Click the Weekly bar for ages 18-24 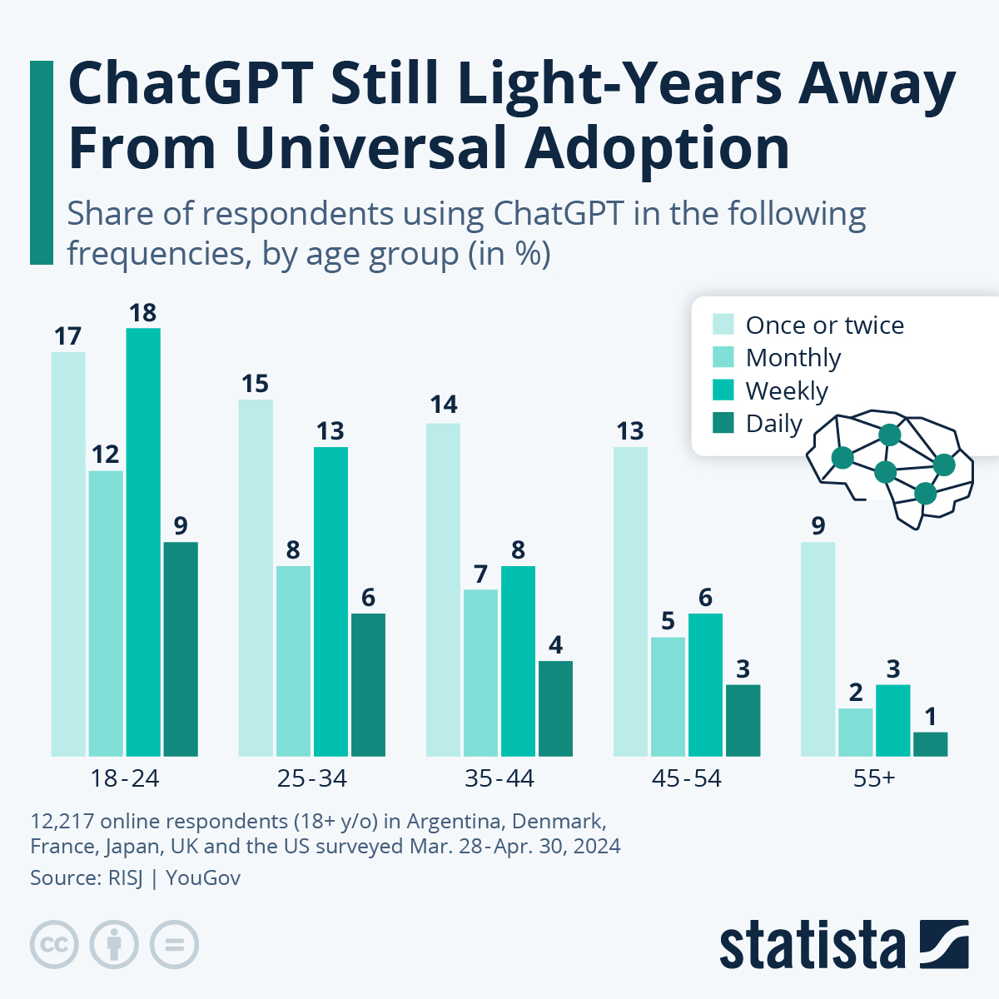pyautogui.click(x=143, y=542)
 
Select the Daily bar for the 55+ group pyautogui.click(x=930, y=744)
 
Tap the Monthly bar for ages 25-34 pyautogui.click(x=293, y=661)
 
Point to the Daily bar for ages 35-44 pyautogui.click(x=555, y=708)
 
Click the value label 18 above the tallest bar pyautogui.click(x=143, y=313)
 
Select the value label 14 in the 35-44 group pyautogui.click(x=443, y=405)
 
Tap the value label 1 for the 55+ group pyautogui.click(x=930, y=717)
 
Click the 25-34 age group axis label pyautogui.click(x=311, y=778)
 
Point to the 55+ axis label pyautogui.click(x=873, y=778)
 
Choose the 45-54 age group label pyautogui.click(x=686, y=778)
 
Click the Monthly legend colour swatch pyautogui.click(x=723, y=357)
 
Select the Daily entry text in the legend pyautogui.click(x=773, y=424)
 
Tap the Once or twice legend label pyautogui.click(x=824, y=325)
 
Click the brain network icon pyautogui.click(x=889, y=466)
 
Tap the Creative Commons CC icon pyautogui.click(x=54, y=945)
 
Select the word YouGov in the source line pyautogui.click(x=203, y=877)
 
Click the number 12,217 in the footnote pyautogui.click(x=62, y=822)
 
